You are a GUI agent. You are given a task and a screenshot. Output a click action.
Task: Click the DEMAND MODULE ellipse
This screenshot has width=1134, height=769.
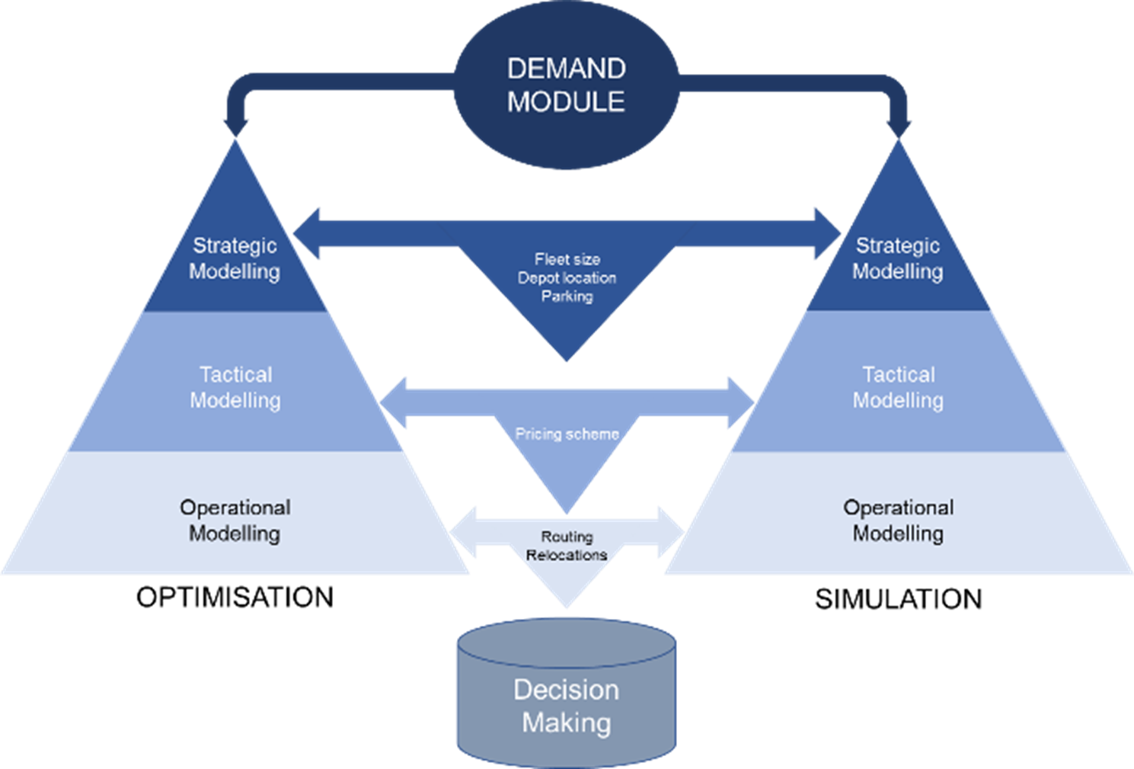(566, 85)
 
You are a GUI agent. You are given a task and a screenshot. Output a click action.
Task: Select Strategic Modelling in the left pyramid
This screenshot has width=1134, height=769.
(235, 258)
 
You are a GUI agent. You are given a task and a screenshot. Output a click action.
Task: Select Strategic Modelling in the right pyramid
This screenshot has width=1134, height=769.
(897, 258)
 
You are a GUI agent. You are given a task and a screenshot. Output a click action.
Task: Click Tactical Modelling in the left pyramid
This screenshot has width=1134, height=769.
(235, 387)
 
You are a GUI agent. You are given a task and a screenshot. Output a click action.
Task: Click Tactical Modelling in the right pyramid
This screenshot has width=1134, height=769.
(898, 387)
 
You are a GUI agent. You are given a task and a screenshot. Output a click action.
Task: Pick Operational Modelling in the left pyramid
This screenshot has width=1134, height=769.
(235, 521)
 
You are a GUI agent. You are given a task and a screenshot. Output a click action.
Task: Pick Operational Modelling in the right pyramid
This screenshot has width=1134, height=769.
(898, 521)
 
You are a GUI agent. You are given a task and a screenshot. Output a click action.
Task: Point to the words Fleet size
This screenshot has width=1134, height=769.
(567, 259)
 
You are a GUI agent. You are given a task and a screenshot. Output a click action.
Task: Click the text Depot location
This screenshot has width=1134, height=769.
(567, 277)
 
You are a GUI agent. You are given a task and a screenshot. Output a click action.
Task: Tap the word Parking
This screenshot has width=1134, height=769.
(567, 296)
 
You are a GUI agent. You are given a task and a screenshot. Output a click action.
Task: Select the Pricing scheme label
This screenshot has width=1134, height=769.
(567, 434)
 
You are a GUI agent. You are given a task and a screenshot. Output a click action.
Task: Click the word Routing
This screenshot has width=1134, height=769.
(567, 537)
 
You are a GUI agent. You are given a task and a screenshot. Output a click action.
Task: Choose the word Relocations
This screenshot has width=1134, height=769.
(567, 555)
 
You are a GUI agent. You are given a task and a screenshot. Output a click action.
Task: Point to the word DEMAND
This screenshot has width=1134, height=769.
(567, 69)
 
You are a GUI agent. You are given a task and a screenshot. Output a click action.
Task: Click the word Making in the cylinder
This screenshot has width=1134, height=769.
(567, 722)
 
